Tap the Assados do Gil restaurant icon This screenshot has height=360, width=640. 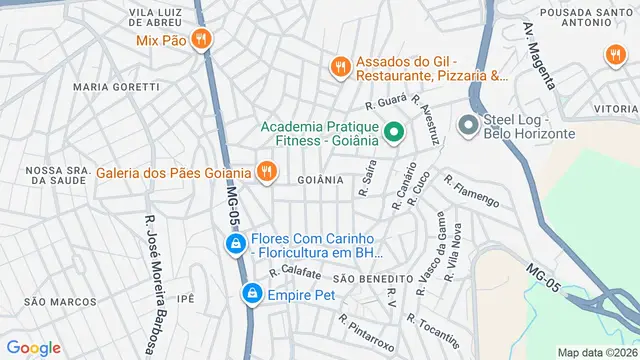[x=340, y=67]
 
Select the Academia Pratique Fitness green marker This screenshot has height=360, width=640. [x=394, y=131]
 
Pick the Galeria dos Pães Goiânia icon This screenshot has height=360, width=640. [x=265, y=172]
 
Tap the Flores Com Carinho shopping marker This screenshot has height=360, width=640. [x=234, y=244]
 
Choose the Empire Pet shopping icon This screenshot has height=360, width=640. [x=252, y=294]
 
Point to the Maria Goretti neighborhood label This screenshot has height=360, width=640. [x=116, y=87]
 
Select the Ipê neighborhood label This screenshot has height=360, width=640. [x=184, y=298]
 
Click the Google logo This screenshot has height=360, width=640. [x=34, y=348]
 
